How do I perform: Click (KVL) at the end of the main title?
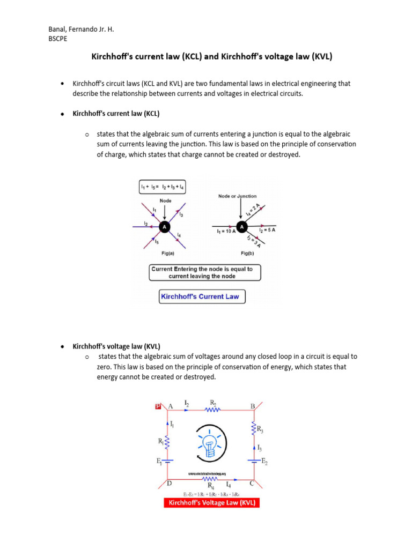click(319, 56)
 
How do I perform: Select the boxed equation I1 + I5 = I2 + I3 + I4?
click(162, 187)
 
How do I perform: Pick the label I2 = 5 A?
click(267, 230)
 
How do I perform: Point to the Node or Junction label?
click(237, 196)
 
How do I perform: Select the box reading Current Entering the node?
click(205, 272)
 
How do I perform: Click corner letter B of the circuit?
click(253, 406)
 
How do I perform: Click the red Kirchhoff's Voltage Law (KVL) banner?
click(211, 503)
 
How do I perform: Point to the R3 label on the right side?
click(259, 429)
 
